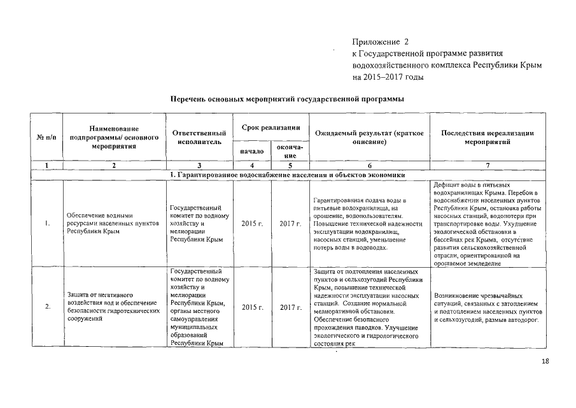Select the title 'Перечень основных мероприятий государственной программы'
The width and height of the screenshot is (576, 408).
[287, 99]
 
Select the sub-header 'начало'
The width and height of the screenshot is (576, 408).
[252, 151]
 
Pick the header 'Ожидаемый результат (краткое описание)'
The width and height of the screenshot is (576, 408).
[369, 137]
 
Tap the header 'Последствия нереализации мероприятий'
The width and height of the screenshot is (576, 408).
[488, 137]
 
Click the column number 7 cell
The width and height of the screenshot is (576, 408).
[488, 165]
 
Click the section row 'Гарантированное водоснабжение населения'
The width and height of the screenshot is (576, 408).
[287, 175]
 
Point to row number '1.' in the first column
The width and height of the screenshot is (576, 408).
[47, 224]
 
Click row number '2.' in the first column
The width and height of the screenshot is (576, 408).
[47, 307]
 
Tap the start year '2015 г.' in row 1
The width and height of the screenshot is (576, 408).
[252, 224]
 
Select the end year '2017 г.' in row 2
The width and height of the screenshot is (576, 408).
[290, 307]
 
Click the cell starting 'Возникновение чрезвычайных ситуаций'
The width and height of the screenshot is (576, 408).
[487, 307]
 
